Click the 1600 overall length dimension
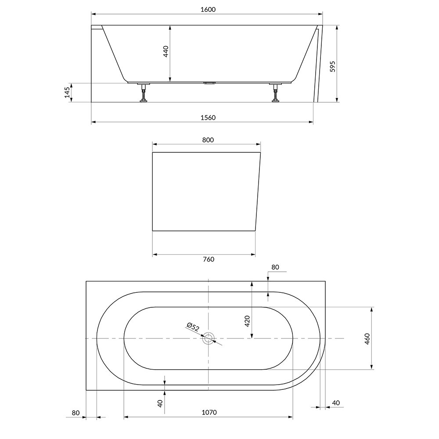[x=208, y=10]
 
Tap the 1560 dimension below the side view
[x=208, y=118]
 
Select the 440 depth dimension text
[x=166, y=51]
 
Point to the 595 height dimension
[x=332, y=66]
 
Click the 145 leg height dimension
[x=67, y=92]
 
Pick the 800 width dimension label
[x=208, y=140]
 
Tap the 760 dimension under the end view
[x=208, y=259]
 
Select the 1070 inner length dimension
[x=209, y=412]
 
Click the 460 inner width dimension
[x=367, y=339]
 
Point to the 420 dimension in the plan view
[x=247, y=321]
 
